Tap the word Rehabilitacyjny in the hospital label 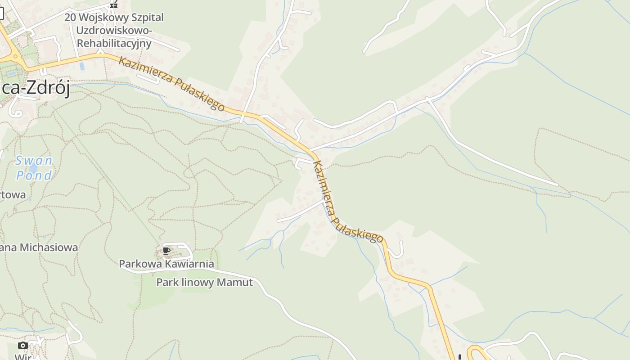[114, 43]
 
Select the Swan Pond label [34, 167]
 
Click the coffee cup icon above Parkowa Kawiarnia [166, 251]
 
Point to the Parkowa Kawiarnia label [166, 264]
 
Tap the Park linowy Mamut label [204, 282]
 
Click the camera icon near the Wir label [23, 345]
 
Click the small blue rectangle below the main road [81, 67]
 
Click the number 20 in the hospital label [70, 17]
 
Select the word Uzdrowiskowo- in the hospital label [114, 30]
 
